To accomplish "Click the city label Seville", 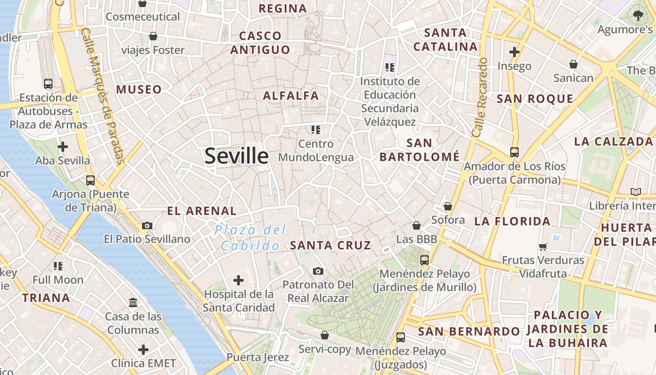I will coord(237,156).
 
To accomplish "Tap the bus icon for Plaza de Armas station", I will coord(48,84).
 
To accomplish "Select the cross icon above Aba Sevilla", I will coord(63,147).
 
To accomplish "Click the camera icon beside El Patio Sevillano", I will coord(147,225).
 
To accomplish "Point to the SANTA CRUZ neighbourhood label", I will coord(330,245).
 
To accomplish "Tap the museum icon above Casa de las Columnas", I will coord(133,302).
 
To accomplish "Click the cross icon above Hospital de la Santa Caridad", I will coord(239,280).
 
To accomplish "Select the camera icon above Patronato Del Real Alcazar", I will coord(318,271).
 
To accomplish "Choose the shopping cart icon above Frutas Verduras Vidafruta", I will coord(543,246).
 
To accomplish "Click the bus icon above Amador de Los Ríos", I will coord(514,152).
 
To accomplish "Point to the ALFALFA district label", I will coord(291,96).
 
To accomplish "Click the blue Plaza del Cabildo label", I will coord(250,238).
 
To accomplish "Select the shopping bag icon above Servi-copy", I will coord(325,335).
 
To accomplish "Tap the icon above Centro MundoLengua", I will coord(316,129).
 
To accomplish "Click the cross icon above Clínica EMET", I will coord(143,349).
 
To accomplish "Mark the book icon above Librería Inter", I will coord(636,192).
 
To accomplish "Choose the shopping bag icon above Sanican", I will coord(574,64).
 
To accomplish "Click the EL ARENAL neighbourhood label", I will coord(202,211).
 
